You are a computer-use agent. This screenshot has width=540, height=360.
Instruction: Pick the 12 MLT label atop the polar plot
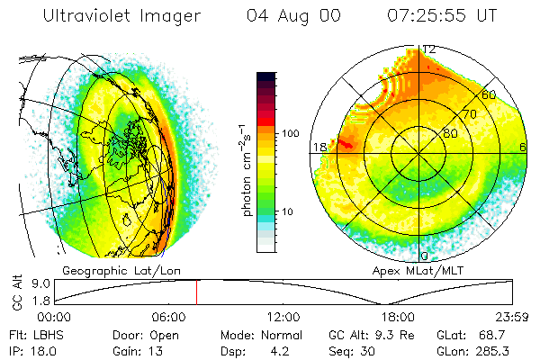click(429, 49)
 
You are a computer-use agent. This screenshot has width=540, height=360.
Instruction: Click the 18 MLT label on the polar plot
click(319, 147)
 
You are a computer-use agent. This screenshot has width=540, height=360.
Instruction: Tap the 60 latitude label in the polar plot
click(489, 94)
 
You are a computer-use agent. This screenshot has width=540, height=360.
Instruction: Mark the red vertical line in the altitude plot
click(196, 292)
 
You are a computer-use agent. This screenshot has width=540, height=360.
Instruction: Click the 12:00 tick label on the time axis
click(283, 317)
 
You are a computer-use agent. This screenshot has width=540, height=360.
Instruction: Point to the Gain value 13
click(148, 350)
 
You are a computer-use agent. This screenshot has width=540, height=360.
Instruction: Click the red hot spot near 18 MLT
click(346, 141)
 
